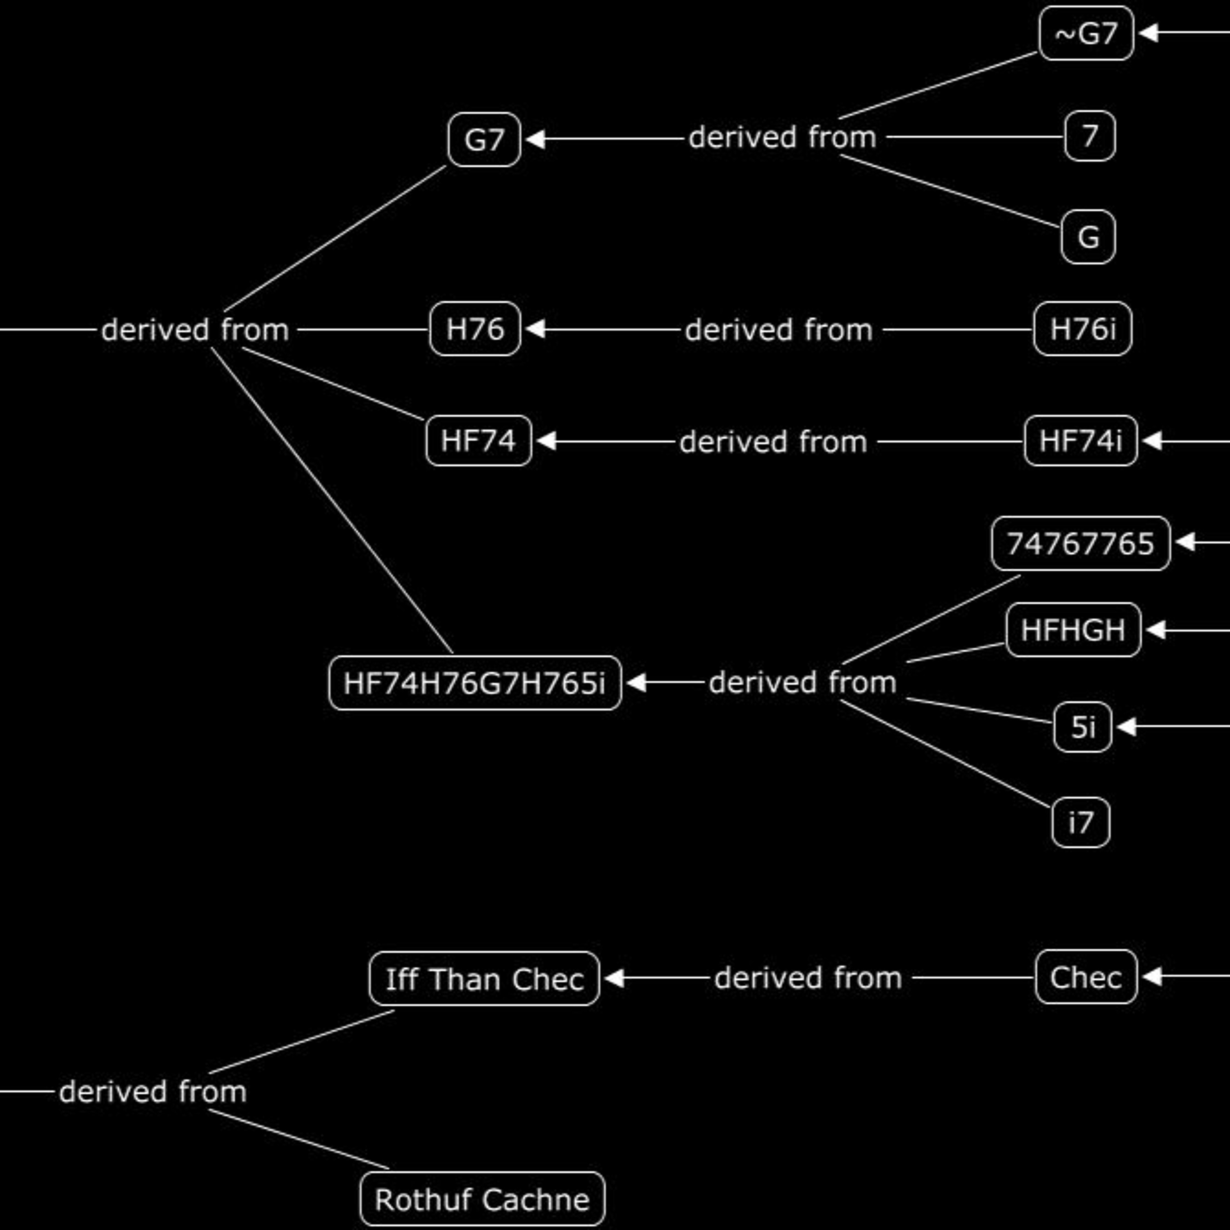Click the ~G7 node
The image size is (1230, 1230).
(x=1086, y=33)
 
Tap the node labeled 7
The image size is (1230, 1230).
(x=1090, y=136)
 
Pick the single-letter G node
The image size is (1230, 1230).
(x=1088, y=237)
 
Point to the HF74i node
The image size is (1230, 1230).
(x=1080, y=441)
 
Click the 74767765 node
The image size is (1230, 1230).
(x=1080, y=543)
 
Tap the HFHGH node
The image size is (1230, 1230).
(x=1073, y=630)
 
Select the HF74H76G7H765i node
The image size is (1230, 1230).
(x=475, y=683)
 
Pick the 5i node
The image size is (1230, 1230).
(x=1083, y=727)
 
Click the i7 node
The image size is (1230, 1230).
(x=1080, y=822)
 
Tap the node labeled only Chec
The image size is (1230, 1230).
(x=1086, y=977)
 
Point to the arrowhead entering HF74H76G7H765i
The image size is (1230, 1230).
(x=636, y=683)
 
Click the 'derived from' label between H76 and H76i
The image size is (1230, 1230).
(x=779, y=330)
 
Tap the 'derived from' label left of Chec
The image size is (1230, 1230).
(x=808, y=978)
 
